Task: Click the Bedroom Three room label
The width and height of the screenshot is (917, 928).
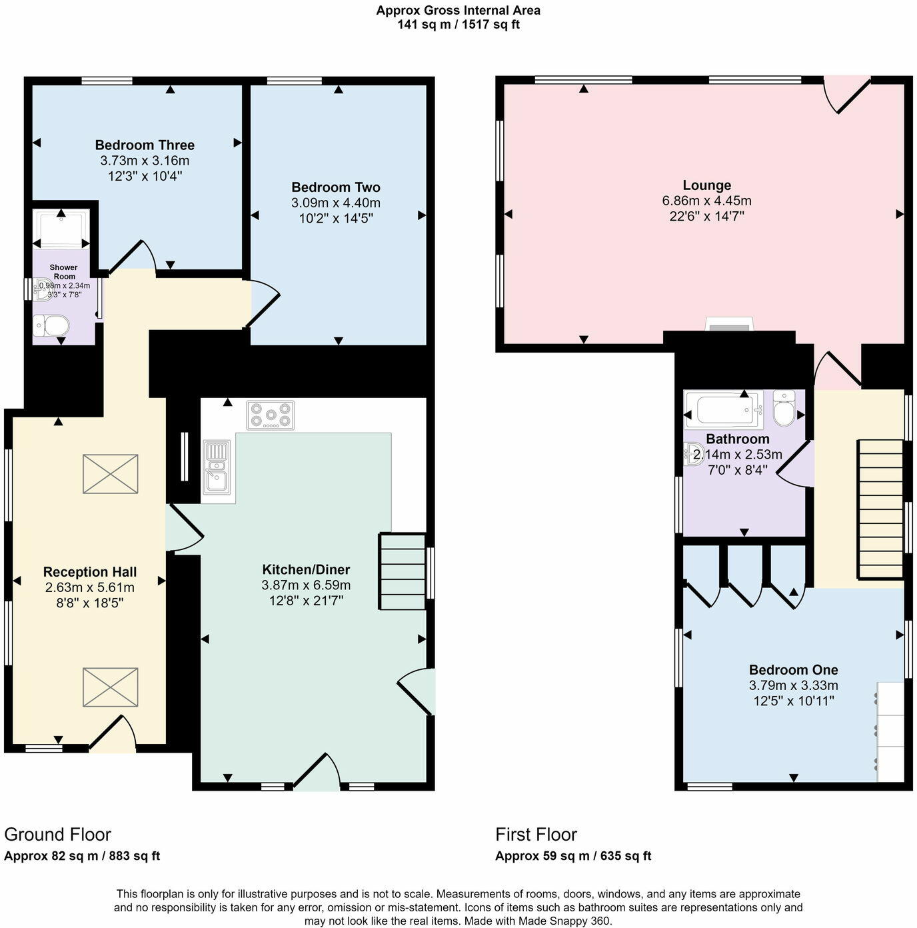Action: pyautogui.click(x=145, y=145)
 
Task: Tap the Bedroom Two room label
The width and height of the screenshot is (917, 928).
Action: pyautogui.click(x=335, y=187)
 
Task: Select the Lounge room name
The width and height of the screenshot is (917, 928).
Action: pyautogui.click(x=706, y=185)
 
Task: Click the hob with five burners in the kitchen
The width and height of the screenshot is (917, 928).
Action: pyautogui.click(x=271, y=415)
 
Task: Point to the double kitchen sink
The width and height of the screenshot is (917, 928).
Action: pyautogui.click(x=217, y=470)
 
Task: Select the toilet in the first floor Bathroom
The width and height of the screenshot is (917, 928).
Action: pyautogui.click(x=784, y=409)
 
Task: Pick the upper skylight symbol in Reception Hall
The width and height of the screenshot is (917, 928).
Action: pyautogui.click(x=111, y=474)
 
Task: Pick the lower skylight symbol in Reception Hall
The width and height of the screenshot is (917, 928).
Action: pyautogui.click(x=111, y=687)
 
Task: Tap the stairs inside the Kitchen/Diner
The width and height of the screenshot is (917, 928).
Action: pyautogui.click(x=403, y=571)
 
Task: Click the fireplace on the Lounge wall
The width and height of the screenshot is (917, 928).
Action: pyautogui.click(x=728, y=325)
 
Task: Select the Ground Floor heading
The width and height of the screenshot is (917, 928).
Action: pyautogui.click(x=57, y=835)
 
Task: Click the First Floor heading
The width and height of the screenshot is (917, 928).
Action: pyautogui.click(x=536, y=835)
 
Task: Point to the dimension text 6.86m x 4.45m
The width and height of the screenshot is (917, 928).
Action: pyautogui.click(x=706, y=201)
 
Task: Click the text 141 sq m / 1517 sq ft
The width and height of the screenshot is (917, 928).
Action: pyautogui.click(x=458, y=25)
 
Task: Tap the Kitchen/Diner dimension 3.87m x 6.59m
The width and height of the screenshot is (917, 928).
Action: pyautogui.click(x=306, y=585)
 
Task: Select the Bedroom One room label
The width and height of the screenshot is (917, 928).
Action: pyautogui.click(x=793, y=670)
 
